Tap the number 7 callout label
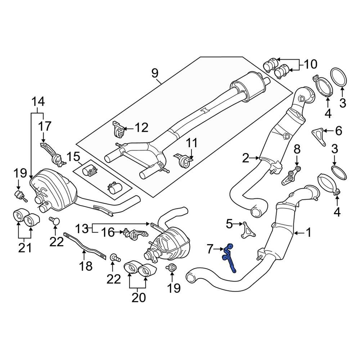pyautogui.click(x=210, y=248)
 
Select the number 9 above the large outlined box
pyautogui.click(x=154, y=73)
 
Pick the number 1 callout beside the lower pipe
pyautogui.click(x=308, y=233)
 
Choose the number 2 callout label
pyautogui.click(x=246, y=157)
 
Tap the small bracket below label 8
pyautogui.click(x=291, y=176)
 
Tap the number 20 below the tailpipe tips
pyautogui.click(x=139, y=298)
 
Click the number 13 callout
pyautogui.click(x=82, y=228)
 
